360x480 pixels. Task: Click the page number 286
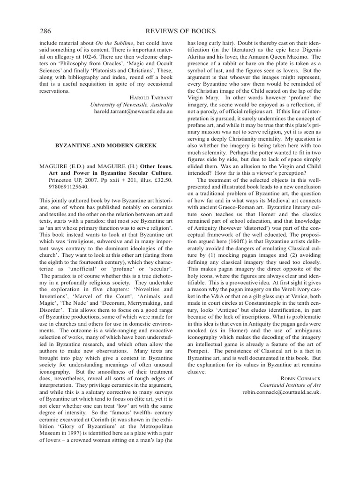point(45,31)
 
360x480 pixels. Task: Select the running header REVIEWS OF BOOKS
point(181,31)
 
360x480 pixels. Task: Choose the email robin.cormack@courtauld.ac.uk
point(281,392)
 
